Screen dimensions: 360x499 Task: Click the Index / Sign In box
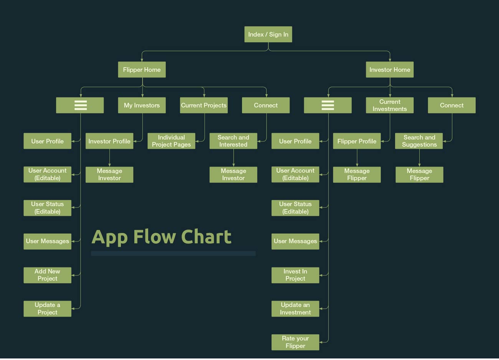268,35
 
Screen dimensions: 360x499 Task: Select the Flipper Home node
142,70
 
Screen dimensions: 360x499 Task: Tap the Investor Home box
390,70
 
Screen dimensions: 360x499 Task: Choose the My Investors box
142,105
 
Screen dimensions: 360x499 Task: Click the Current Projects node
203,105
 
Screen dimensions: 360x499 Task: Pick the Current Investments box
390,105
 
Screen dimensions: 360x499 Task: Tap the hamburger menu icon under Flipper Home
80,105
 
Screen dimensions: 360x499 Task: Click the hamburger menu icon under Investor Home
327,105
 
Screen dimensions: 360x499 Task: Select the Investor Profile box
109,141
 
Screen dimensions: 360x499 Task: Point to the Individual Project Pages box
171,141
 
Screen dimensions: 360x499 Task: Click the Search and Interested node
233,141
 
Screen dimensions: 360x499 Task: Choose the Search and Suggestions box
419,141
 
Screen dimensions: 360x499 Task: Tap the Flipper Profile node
357,141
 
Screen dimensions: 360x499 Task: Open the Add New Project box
47,275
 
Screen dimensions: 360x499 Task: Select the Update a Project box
47,309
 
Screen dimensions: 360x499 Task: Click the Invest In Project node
295,275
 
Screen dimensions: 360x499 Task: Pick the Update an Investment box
295,309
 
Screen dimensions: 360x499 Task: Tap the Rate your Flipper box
295,342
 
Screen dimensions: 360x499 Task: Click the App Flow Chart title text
161,237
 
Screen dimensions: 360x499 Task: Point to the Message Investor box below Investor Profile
109,175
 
